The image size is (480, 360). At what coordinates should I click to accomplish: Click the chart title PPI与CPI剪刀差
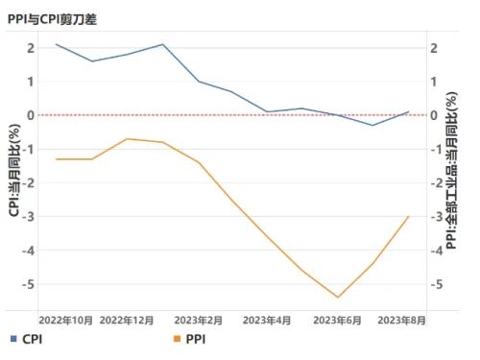coord(52,18)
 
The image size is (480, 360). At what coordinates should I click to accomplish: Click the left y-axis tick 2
coord(32,47)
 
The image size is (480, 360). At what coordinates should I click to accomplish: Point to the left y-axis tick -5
coord(29,284)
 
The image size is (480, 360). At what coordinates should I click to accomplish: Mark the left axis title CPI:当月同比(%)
coord(13,169)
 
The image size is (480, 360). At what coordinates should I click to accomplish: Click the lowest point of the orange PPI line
coord(338,298)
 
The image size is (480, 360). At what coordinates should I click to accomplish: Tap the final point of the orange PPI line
coord(409,216)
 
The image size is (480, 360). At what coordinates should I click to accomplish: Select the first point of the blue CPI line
coord(57,44)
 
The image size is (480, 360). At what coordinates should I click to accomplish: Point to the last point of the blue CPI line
coord(409,111)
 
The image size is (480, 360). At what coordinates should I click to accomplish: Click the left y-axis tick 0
coord(32,115)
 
